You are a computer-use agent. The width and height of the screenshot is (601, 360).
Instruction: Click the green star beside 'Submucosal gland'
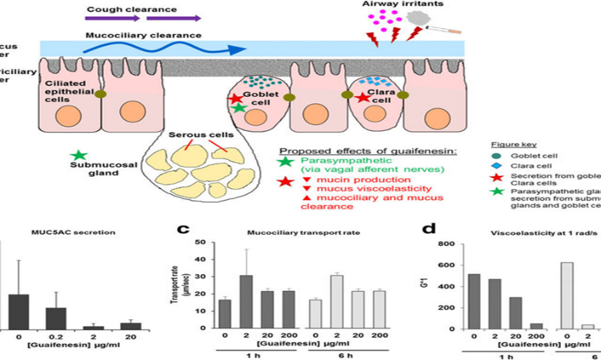[79, 155]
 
